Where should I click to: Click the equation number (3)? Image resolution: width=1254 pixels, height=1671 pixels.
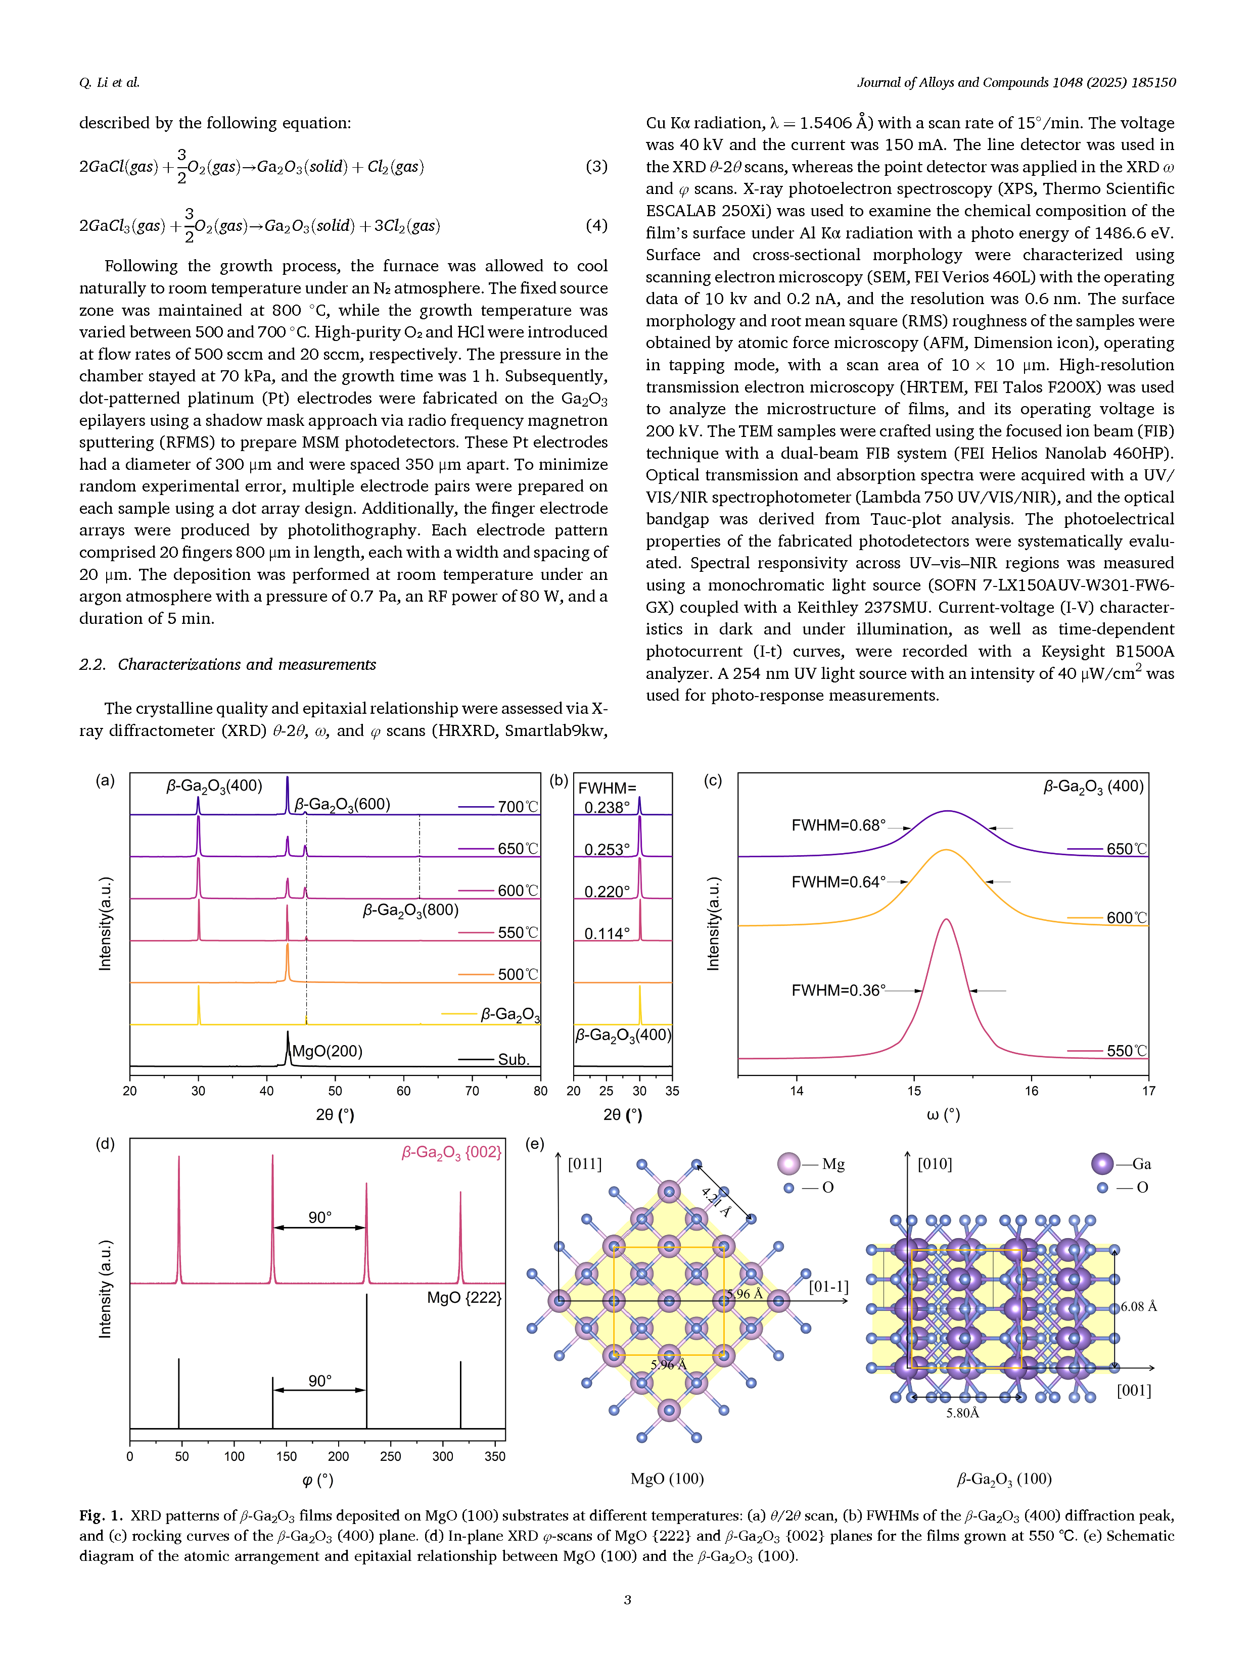coord(596,166)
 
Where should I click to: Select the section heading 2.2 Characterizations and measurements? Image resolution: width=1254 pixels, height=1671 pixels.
coord(227,665)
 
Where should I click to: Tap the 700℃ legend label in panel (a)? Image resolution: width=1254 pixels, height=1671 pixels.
coord(518,807)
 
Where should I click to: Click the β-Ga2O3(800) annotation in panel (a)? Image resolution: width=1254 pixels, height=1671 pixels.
coord(410,910)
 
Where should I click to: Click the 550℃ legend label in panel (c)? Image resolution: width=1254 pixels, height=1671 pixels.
coord(1126,1051)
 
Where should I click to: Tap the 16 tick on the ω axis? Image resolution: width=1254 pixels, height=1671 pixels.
coord(1031,1091)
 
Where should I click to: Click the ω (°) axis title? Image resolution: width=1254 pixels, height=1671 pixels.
coord(943,1114)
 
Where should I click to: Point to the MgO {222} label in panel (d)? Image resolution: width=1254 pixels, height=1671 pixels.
coord(464,1298)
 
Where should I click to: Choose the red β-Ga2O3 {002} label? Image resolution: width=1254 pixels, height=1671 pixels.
coord(451,1153)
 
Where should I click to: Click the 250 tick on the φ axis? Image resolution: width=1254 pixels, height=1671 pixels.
coord(390,1456)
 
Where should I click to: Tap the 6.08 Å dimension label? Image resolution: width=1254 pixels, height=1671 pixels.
coord(1138,1306)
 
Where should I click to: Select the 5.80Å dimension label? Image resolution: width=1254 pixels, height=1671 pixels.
coord(962,1413)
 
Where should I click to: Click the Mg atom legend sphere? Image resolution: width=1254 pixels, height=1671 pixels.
coord(788,1163)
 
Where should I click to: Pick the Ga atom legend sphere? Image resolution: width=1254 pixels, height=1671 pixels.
coord(1102,1163)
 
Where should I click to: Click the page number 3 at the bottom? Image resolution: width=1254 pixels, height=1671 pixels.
coord(627,1599)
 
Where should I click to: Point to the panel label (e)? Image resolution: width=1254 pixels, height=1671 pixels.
coord(534,1144)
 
